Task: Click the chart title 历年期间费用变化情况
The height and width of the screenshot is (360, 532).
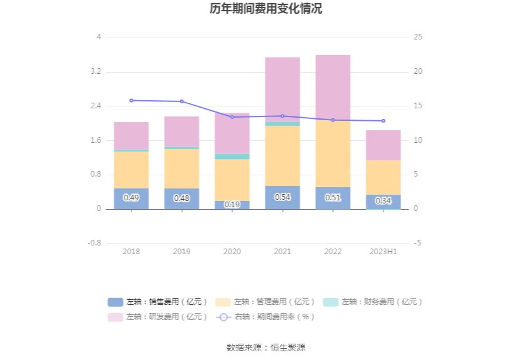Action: [266, 9]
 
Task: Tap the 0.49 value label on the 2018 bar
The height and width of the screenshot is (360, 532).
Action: [131, 198]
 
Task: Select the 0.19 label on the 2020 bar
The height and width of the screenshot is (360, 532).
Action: [232, 205]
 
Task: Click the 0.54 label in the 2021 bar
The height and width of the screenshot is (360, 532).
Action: [282, 197]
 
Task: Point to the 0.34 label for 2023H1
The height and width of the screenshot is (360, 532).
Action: [383, 201]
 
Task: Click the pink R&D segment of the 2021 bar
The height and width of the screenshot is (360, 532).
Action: [282, 89]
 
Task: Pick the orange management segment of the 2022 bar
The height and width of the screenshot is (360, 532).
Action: [333, 153]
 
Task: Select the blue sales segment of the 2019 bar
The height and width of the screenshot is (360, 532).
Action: [182, 198]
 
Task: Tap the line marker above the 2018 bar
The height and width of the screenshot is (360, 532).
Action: [131, 100]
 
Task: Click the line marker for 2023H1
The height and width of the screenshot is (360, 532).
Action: [383, 121]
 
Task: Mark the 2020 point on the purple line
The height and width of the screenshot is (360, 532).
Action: [232, 117]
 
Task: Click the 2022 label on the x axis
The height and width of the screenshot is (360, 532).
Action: [333, 251]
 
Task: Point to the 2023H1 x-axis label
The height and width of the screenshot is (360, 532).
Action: [383, 251]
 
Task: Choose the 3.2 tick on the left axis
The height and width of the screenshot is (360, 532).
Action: [95, 72]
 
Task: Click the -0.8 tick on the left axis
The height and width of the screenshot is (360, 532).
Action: [94, 243]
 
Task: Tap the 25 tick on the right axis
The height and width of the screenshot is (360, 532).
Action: [418, 38]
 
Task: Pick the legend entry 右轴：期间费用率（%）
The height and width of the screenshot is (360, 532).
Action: [265, 317]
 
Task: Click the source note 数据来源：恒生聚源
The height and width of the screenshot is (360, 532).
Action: [266, 347]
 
